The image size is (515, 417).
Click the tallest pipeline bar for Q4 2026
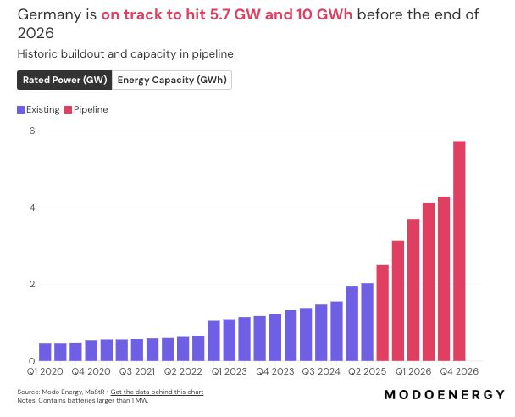coord(459,251)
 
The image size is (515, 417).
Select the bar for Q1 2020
coord(45,353)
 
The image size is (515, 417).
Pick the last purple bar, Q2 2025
coord(368,322)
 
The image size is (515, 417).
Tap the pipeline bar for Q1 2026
coord(413,290)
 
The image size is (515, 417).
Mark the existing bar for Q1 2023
coord(213,341)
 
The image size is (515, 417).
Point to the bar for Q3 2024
coord(321,332)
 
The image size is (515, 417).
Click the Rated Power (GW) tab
coord(64,80)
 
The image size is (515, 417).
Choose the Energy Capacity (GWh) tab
coord(172,80)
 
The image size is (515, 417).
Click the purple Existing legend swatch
coord(20,109)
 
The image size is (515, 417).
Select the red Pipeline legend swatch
coord(68,109)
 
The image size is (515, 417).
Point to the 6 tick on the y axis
coord(32,131)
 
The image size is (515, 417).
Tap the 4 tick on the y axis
coord(32,208)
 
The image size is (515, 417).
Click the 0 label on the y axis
coord(32,361)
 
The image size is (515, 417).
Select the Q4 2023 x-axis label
coord(275,371)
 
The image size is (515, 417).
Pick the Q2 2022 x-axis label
coord(183,371)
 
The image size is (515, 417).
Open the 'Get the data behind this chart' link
coord(157,392)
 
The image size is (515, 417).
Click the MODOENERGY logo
coord(445,394)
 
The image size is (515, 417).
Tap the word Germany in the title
coord(49,15)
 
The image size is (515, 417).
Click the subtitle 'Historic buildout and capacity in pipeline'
coord(125,54)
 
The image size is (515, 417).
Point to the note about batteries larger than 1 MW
coord(83,401)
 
